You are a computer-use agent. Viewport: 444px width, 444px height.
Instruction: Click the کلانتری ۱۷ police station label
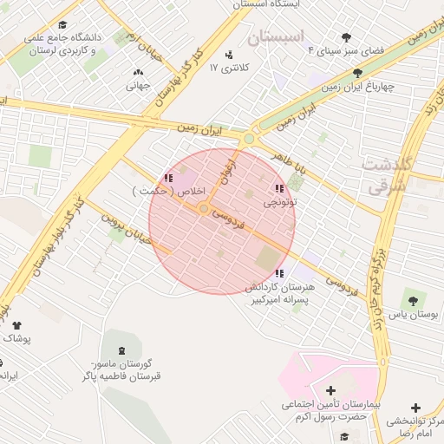(232, 68)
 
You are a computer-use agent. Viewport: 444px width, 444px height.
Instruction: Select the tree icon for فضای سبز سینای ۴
(347, 37)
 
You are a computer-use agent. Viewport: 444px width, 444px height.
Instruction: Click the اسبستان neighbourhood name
(277, 38)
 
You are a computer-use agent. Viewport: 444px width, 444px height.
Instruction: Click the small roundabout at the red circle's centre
(203, 209)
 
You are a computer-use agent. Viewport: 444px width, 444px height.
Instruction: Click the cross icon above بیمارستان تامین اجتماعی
(330, 389)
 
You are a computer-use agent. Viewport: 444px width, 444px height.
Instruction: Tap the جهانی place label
(139, 86)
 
